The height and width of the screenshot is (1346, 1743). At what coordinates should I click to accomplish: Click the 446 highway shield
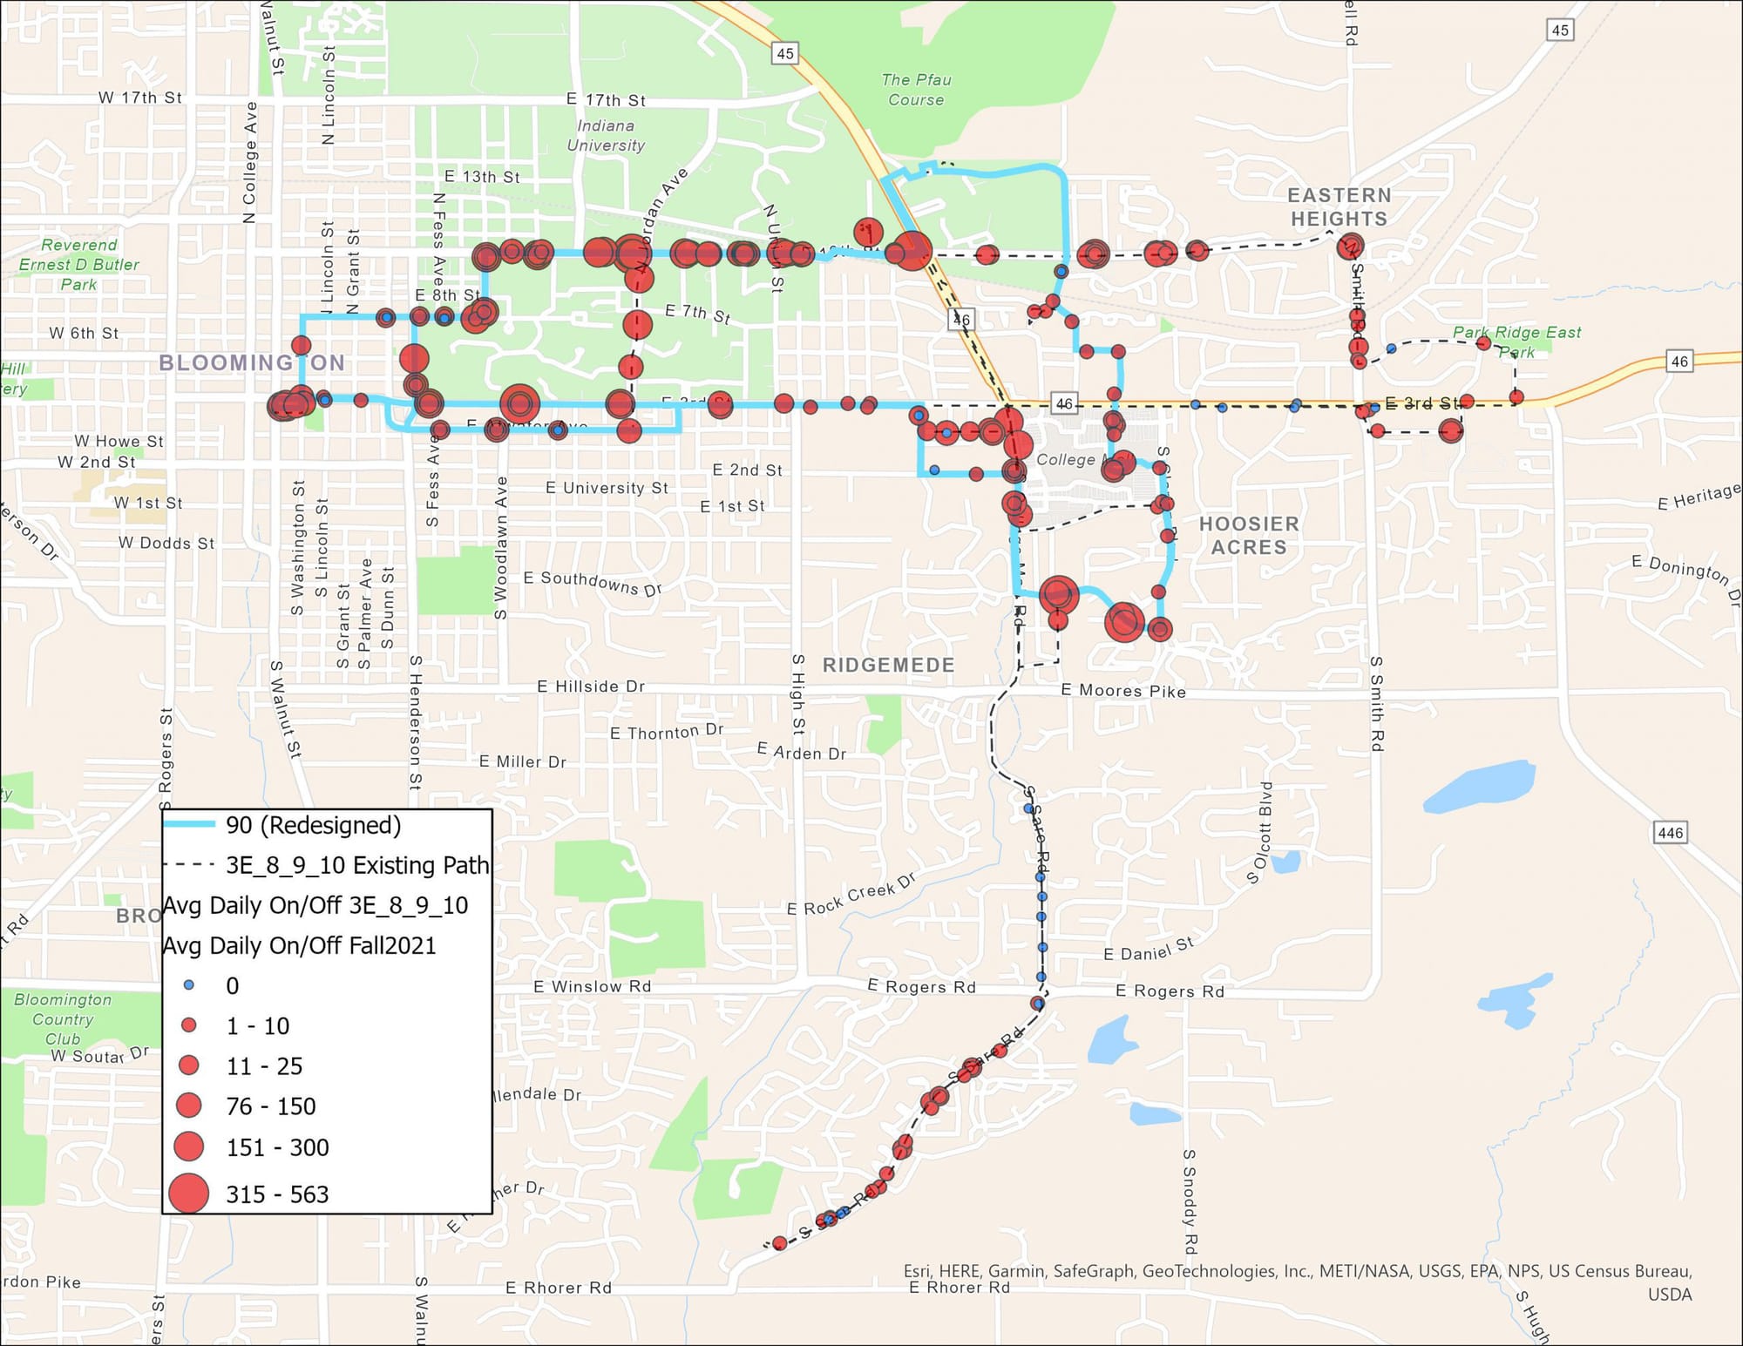point(1670,833)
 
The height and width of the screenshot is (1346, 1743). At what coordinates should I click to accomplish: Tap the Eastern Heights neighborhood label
point(1339,207)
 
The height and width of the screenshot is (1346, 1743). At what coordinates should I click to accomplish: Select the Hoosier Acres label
point(1249,536)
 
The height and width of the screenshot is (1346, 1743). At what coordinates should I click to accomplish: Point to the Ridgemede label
point(888,666)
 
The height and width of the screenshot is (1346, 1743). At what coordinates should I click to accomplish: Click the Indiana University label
point(606,136)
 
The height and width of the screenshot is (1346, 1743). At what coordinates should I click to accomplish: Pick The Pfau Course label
point(916,90)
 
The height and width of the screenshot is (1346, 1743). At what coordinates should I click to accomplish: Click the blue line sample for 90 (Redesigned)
point(189,824)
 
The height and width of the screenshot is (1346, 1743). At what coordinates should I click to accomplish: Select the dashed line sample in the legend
point(189,865)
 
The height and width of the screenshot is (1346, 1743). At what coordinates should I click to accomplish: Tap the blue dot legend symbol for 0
point(189,985)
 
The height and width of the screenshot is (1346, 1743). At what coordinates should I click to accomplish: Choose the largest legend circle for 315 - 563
point(188,1194)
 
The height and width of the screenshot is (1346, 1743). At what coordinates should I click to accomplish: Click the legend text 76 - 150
point(271,1106)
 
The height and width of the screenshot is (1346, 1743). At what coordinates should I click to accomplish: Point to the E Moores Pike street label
point(1123,691)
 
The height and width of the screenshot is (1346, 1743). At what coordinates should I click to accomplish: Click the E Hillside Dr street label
point(591,687)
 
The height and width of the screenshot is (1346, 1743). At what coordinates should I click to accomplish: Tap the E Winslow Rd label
point(592,986)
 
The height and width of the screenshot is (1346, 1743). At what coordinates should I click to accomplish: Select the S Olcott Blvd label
point(1260,833)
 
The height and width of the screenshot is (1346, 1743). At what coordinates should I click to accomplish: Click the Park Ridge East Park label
point(1516,342)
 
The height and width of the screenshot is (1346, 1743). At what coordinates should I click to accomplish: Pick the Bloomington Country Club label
point(63,1019)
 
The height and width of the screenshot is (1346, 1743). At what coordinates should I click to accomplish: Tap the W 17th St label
point(139,98)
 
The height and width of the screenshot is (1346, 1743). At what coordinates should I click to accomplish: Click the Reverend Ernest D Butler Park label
point(78,265)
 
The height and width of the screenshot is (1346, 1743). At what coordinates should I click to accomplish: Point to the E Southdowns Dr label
point(593,583)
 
